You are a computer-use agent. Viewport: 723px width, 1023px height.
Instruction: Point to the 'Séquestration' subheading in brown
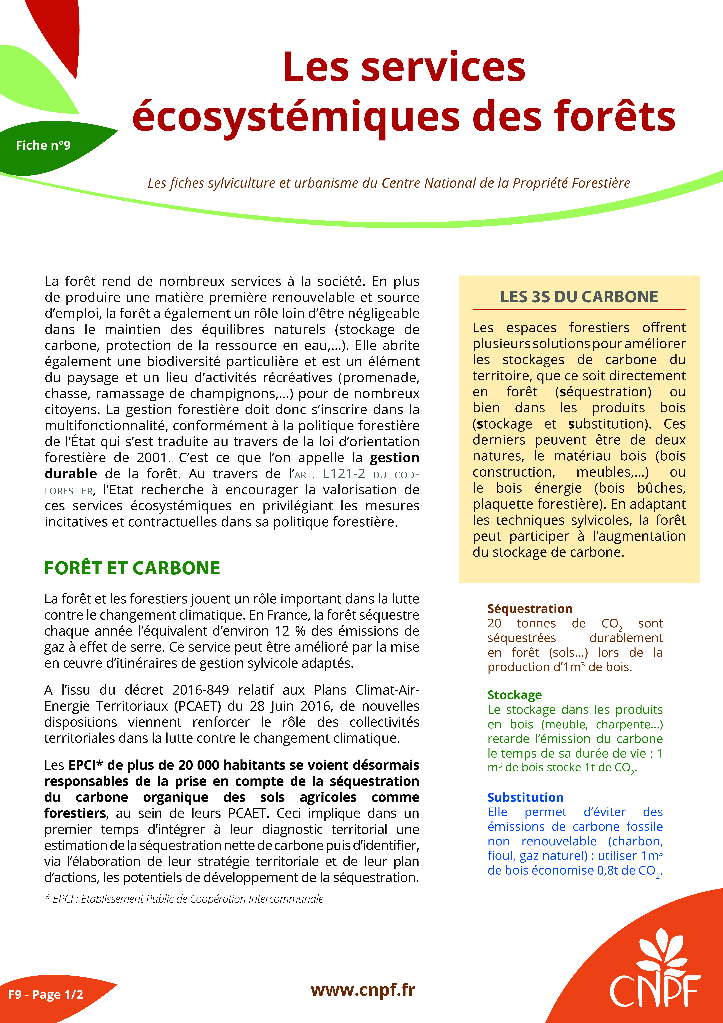tap(530, 609)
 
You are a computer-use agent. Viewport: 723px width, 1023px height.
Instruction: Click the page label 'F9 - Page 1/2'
tap(46, 995)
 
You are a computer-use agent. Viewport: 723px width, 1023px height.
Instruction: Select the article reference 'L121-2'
tap(344, 474)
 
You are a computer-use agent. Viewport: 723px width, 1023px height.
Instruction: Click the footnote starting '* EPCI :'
tap(184, 899)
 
